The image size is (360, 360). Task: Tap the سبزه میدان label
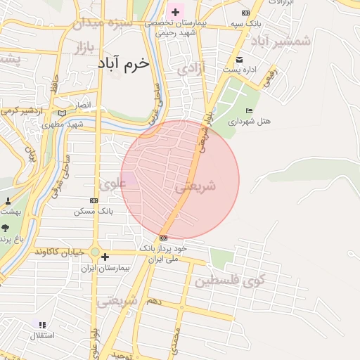tap(101, 22)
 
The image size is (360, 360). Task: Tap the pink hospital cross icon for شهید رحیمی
tap(175, 12)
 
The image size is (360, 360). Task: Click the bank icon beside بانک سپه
tap(245, 13)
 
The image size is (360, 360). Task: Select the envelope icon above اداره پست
tap(239, 59)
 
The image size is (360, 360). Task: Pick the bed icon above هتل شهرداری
tap(249, 110)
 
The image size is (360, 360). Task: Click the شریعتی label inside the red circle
tap(194, 186)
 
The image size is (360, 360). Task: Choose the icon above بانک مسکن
tap(94, 200)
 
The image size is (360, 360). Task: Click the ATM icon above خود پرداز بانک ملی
tap(163, 238)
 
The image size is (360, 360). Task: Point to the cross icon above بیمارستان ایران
tap(105, 257)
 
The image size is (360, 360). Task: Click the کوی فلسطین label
tap(228, 281)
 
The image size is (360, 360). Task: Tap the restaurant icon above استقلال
tap(42, 325)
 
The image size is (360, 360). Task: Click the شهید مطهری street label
tap(63, 124)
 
